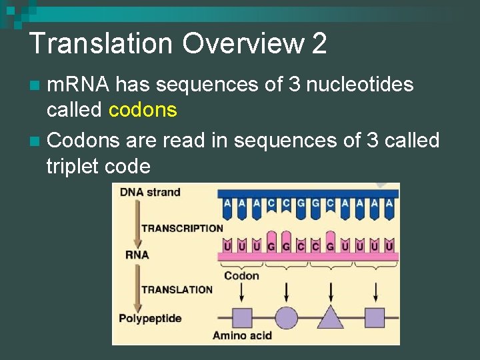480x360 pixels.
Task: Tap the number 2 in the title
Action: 319,44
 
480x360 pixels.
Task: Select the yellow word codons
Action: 143,109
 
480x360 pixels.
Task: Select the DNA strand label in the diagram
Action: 150,193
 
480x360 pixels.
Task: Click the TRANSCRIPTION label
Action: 181,228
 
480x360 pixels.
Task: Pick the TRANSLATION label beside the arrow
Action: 177,289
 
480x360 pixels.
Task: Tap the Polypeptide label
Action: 150,318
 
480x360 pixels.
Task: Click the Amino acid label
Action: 242,335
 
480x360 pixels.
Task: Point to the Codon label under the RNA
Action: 241,275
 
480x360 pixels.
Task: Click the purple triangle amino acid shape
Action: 331,317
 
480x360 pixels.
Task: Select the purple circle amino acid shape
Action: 287,317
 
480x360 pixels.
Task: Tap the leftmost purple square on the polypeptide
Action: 242,317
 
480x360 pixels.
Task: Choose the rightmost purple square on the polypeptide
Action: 375,317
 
